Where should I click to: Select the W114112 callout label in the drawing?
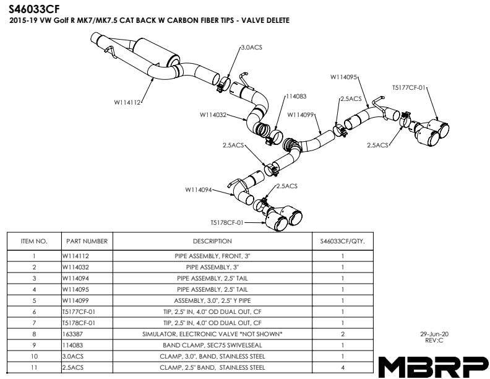pos(128,103)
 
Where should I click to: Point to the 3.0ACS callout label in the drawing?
pos(252,47)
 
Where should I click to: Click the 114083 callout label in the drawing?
pos(296,96)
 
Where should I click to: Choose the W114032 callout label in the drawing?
pos(213,115)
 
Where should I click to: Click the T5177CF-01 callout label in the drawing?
pos(410,88)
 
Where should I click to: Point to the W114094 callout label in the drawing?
pos(199,189)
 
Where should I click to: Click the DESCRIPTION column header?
pos(212,241)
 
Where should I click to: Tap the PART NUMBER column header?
pos(87,241)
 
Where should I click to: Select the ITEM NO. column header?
pos(34,241)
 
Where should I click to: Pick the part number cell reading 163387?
pos(74,334)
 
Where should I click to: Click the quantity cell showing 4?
pos(343,367)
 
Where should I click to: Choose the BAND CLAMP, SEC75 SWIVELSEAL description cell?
pos(212,345)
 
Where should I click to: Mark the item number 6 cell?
pos(34,311)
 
